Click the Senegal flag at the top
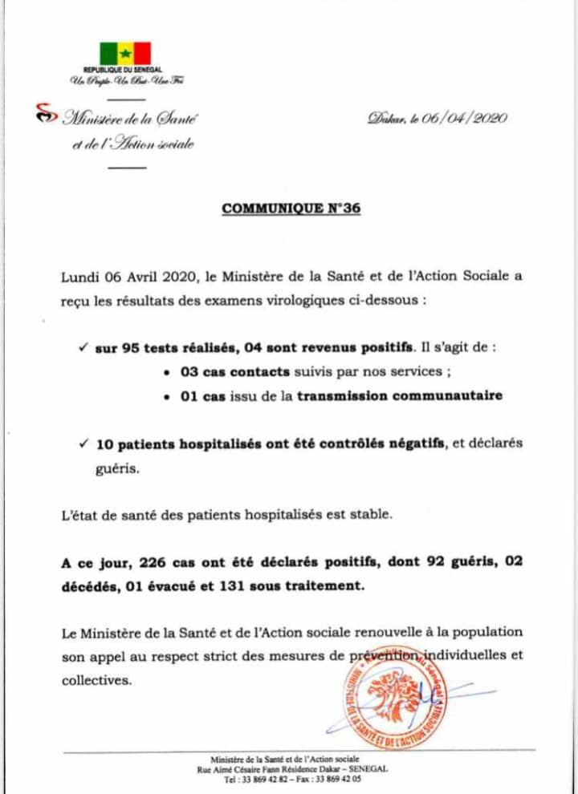[x=125, y=54]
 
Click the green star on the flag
[x=125, y=54]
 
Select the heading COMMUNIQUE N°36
[x=291, y=209]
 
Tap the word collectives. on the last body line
[x=96, y=679]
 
